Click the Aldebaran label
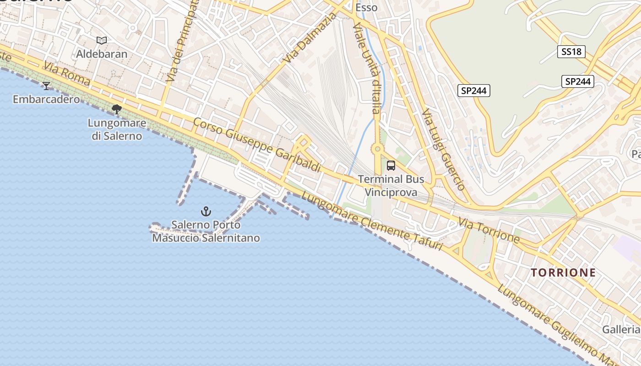click(102, 54)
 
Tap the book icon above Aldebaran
click(102, 41)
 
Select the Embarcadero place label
click(46, 99)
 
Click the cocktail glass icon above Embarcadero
click(46, 86)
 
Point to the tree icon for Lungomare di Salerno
click(117, 109)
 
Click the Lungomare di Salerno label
click(117, 129)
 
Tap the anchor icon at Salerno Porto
click(206, 211)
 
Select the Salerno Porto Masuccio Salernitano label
click(206, 231)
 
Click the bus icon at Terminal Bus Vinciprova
click(391, 166)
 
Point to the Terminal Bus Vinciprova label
click(391, 185)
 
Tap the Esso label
click(366, 8)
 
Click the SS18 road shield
click(571, 52)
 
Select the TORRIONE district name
click(563, 273)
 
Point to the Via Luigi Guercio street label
click(443, 149)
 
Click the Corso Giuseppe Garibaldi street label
click(257, 145)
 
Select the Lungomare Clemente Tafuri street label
click(372, 221)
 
